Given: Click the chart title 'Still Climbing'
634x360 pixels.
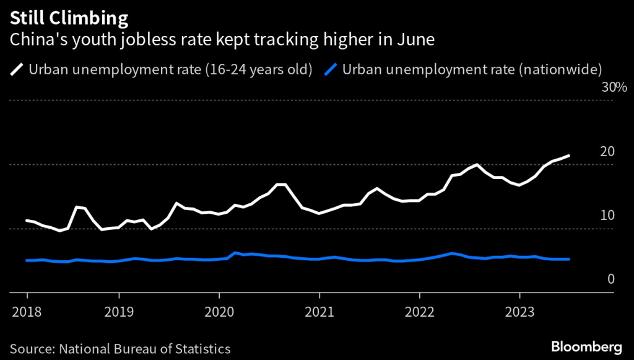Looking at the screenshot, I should tap(69, 17).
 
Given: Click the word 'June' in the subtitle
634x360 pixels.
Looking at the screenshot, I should tap(417, 40).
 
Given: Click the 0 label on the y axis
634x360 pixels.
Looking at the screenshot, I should tap(610, 279).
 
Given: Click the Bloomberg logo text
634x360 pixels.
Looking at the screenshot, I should tap(586, 345).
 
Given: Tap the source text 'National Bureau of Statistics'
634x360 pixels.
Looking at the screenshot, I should tap(144, 348).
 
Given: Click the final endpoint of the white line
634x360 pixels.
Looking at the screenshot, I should tap(568, 156).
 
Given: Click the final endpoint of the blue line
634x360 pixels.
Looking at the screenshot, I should tap(568, 259).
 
